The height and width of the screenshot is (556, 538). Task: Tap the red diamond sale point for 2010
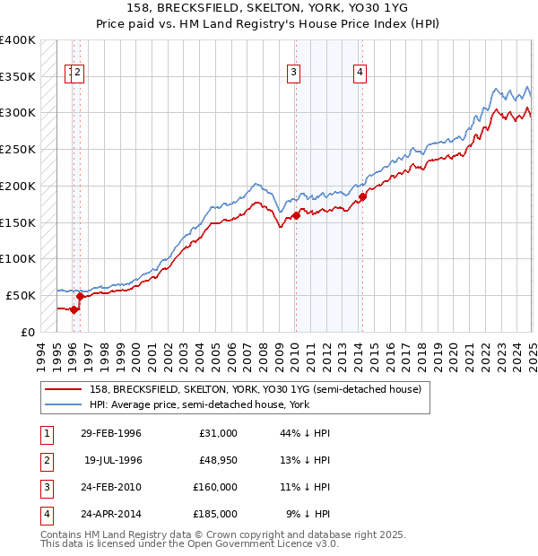click(x=295, y=215)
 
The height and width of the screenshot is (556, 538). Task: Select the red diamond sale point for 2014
click(x=362, y=197)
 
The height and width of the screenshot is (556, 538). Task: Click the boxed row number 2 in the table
click(x=46, y=460)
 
